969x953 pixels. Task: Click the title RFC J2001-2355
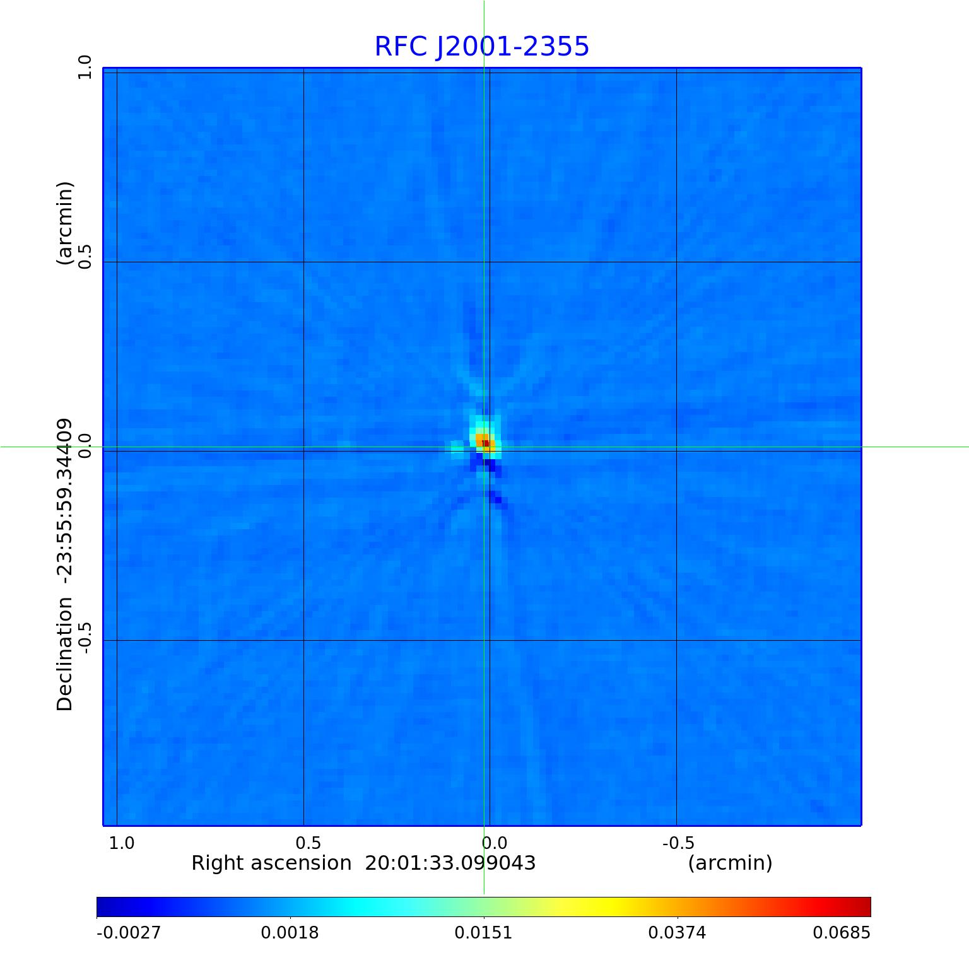pos(482,47)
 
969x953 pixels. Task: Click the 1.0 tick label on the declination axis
pos(85,67)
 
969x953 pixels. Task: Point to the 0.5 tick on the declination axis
pos(85,257)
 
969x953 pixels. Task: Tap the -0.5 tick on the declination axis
pos(85,637)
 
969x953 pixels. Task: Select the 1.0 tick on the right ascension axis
pos(122,843)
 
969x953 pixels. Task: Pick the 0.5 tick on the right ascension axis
pos(308,843)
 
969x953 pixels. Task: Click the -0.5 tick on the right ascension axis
pos(678,843)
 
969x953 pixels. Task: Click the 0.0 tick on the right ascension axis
pos(495,843)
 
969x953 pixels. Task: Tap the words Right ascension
pos(271,863)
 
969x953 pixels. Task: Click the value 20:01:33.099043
pos(450,863)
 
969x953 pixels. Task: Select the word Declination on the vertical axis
pos(65,655)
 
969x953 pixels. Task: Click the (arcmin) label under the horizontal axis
pos(730,863)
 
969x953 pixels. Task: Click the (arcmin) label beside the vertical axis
pos(65,223)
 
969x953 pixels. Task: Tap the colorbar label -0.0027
pos(129,933)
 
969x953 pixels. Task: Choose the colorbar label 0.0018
pos(290,933)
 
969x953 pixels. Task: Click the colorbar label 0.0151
pos(484,933)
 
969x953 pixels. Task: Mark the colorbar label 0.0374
pos(678,933)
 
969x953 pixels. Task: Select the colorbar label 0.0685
pos(841,933)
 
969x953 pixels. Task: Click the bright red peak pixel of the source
pos(486,443)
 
